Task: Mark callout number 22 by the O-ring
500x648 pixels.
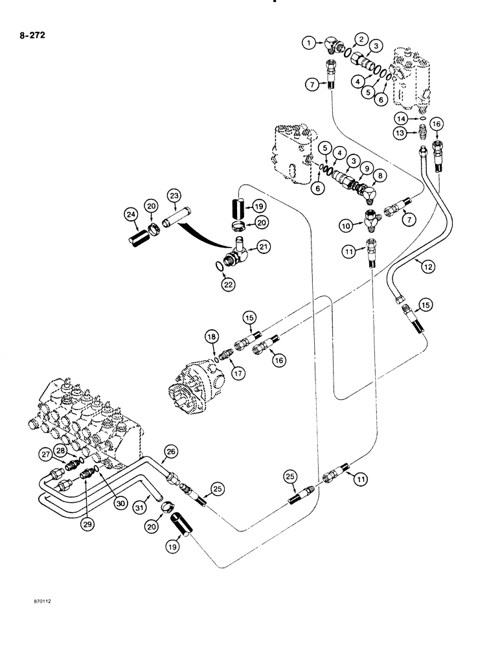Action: [228, 284]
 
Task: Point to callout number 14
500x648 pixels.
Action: [402, 118]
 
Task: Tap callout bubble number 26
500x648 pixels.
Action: [170, 452]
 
